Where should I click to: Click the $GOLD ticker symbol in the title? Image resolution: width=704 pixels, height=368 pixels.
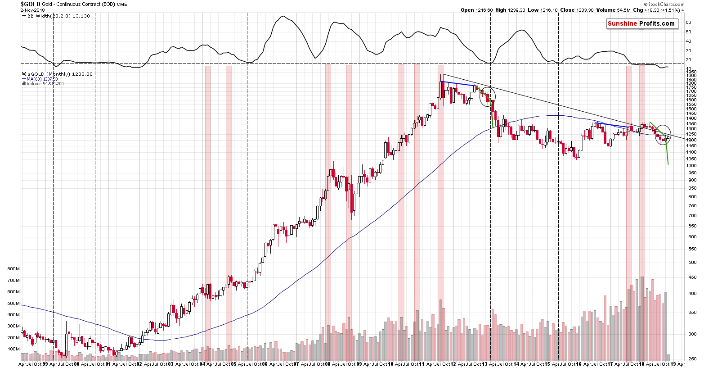[31, 4]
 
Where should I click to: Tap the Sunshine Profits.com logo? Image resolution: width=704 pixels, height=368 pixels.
[641, 23]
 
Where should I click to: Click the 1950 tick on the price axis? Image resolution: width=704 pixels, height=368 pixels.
[691, 72]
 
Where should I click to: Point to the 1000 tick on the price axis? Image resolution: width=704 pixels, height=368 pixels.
[691, 166]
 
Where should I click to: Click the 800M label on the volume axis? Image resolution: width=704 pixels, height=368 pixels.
[13, 269]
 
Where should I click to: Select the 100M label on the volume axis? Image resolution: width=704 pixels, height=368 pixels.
[13, 349]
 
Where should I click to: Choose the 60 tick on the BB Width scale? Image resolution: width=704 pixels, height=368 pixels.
[688, 22]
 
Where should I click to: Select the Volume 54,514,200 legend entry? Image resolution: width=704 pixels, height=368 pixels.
[45, 83]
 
